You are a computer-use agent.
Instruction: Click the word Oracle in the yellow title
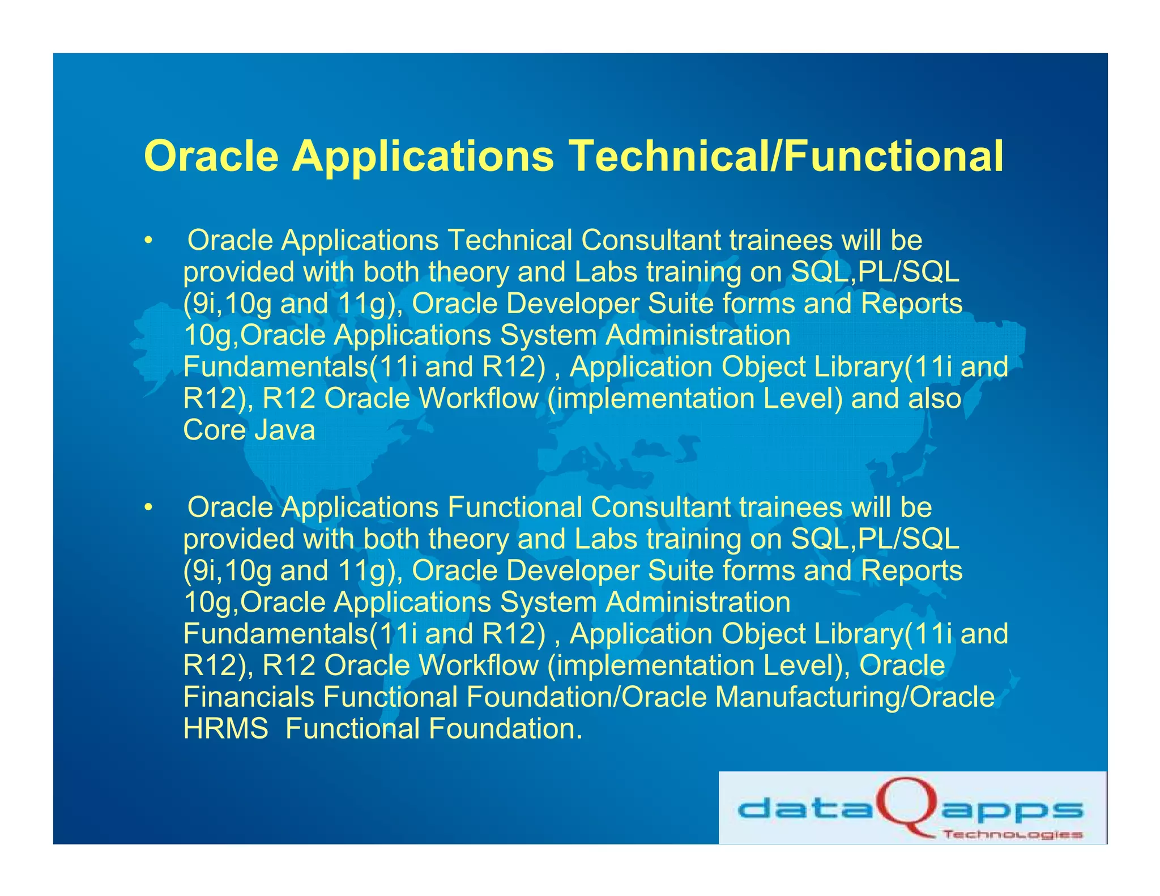[x=211, y=156]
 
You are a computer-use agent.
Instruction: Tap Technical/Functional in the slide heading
[x=786, y=156]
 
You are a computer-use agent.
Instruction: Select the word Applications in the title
[x=423, y=156]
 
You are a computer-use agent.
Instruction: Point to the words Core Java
[x=249, y=430]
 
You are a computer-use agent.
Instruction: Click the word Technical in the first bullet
[x=510, y=240]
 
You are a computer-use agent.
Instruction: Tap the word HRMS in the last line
[x=226, y=728]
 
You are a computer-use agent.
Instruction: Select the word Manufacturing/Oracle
[x=855, y=697]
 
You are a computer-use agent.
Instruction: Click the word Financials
[x=249, y=697]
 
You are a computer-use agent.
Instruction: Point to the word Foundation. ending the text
[x=506, y=728]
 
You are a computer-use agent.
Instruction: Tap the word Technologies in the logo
[x=1012, y=834]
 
